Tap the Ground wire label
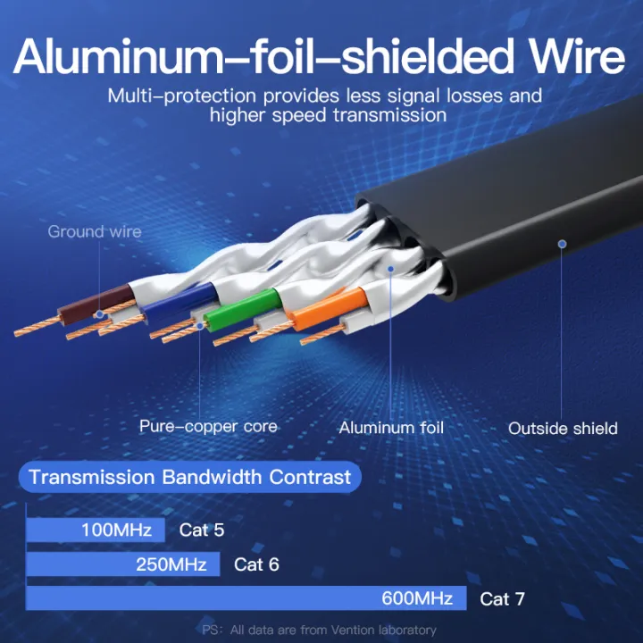(x=95, y=232)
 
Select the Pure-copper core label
(x=208, y=426)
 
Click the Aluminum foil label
(x=391, y=428)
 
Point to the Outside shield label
(x=563, y=429)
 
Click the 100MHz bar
(x=96, y=530)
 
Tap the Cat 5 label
(x=202, y=530)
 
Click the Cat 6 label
(x=256, y=564)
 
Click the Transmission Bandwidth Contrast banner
(x=190, y=476)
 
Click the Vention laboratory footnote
(x=319, y=630)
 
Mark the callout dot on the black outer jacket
(x=563, y=242)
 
